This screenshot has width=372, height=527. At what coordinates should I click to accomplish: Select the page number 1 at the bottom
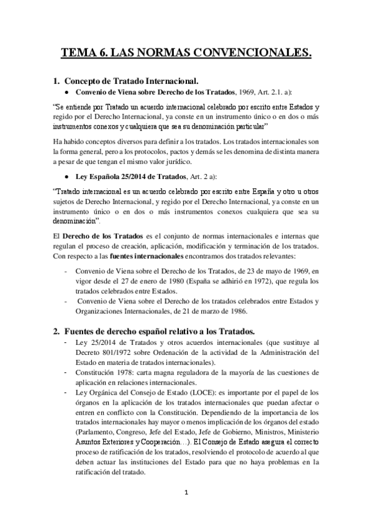tap(186, 493)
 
